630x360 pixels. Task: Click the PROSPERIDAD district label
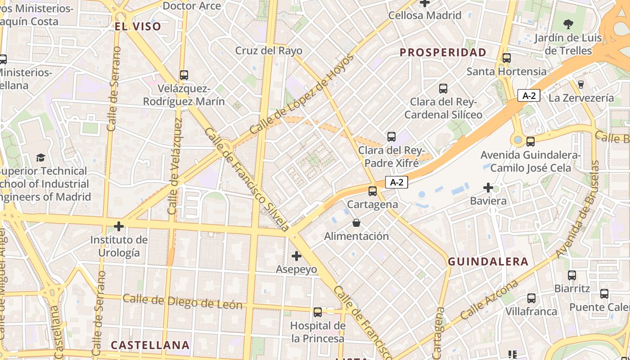(x=443, y=52)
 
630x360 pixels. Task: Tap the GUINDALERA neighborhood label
(x=488, y=261)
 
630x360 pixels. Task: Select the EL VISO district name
(x=138, y=26)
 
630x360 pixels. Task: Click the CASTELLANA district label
(x=150, y=345)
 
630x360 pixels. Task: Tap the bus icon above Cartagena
(x=373, y=191)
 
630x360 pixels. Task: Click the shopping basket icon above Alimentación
(x=356, y=223)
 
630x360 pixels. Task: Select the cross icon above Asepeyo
(x=296, y=256)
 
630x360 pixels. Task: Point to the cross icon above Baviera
(x=488, y=187)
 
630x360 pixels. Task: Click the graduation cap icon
(x=40, y=157)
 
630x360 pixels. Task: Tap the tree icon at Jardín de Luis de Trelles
(x=568, y=24)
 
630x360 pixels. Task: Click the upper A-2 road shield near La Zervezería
(x=529, y=95)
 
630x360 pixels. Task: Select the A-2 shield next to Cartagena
(x=396, y=182)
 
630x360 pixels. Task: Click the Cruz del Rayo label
(x=269, y=50)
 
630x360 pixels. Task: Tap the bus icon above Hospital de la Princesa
(x=318, y=312)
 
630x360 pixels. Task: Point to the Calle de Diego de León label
(x=182, y=301)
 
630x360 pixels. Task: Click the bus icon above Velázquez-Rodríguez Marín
(x=184, y=75)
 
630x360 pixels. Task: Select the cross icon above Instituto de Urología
(x=119, y=226)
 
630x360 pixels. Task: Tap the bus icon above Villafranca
(x=531, y=298)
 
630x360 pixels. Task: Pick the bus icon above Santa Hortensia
(x=507, y=58)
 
